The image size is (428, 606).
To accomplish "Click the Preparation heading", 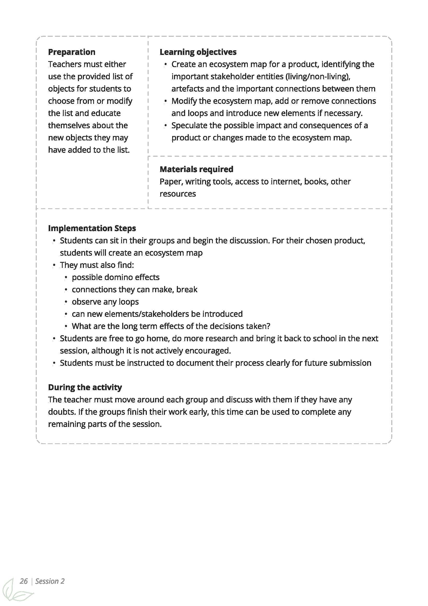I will pos(72,52).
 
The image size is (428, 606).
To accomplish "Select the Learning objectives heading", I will pos(198,52).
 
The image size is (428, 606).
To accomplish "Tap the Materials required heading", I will pos(196,169).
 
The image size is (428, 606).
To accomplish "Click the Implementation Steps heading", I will pos(92,228).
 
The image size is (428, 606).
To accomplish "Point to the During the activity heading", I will pos(85,387).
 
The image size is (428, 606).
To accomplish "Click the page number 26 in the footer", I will pos(24,581).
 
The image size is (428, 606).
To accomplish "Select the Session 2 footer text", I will pos(50,581).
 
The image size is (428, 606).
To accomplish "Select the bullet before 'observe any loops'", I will pos(66,302).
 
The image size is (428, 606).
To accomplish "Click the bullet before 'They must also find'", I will pos(54,265).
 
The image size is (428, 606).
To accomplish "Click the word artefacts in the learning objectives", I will pos(187,89).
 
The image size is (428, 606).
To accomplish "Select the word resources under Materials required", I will pos(177,194).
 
